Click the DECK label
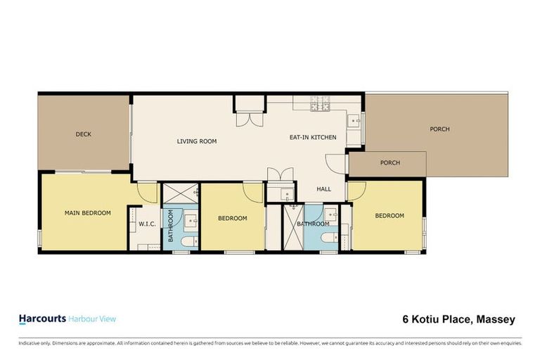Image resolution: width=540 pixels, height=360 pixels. [x=84, y=134]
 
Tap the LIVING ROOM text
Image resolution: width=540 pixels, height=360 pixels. [x=196, y=141]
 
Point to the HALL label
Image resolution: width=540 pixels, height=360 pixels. [x=323, y=189]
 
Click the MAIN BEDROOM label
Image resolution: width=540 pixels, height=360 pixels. [x=87, y=212]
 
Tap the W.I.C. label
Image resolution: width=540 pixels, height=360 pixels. [x=147, y=224]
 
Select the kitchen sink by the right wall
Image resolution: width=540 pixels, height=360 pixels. [x=356, y=121]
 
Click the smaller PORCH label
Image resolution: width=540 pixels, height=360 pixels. [x=390, y=163]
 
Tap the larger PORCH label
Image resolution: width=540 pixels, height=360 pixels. [x=439, y=129]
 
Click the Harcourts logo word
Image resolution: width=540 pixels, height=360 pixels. [x=41, y=319]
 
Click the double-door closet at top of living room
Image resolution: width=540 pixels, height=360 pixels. [x=250, y=111]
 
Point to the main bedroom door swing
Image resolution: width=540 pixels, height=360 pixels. [x=147, y=192]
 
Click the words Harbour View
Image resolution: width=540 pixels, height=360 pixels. [x=92, y=319]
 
